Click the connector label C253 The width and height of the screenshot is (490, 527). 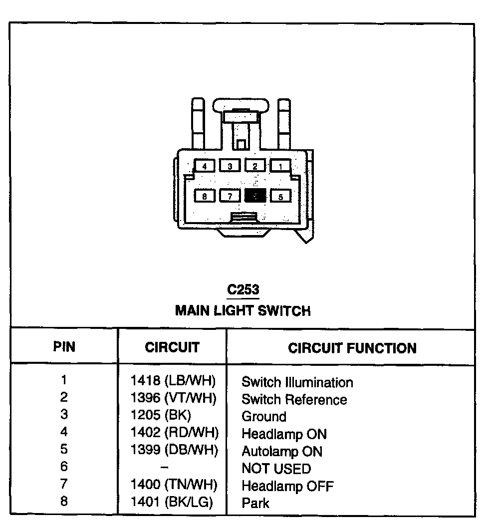244,289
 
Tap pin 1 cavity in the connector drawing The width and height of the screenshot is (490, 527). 281,166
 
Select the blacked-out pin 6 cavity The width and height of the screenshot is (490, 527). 255,196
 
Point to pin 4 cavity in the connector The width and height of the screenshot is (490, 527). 205,166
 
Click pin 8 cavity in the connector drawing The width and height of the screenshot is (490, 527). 205,196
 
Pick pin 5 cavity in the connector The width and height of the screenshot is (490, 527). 281,196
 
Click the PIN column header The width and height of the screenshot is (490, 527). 64,347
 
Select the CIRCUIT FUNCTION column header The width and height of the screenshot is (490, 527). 352,348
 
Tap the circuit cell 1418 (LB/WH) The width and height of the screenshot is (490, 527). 173,381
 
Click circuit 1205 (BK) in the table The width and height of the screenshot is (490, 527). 161,416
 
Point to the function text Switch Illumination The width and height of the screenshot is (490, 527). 297,383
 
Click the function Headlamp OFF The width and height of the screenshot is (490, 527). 287,486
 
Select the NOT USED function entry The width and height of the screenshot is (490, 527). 276,469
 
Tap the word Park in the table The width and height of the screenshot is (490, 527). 255,503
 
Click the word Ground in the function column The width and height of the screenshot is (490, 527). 264,417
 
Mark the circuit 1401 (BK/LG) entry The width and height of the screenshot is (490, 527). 172,502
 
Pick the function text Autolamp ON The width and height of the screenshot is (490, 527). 282,452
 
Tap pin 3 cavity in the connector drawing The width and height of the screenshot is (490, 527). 230,166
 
